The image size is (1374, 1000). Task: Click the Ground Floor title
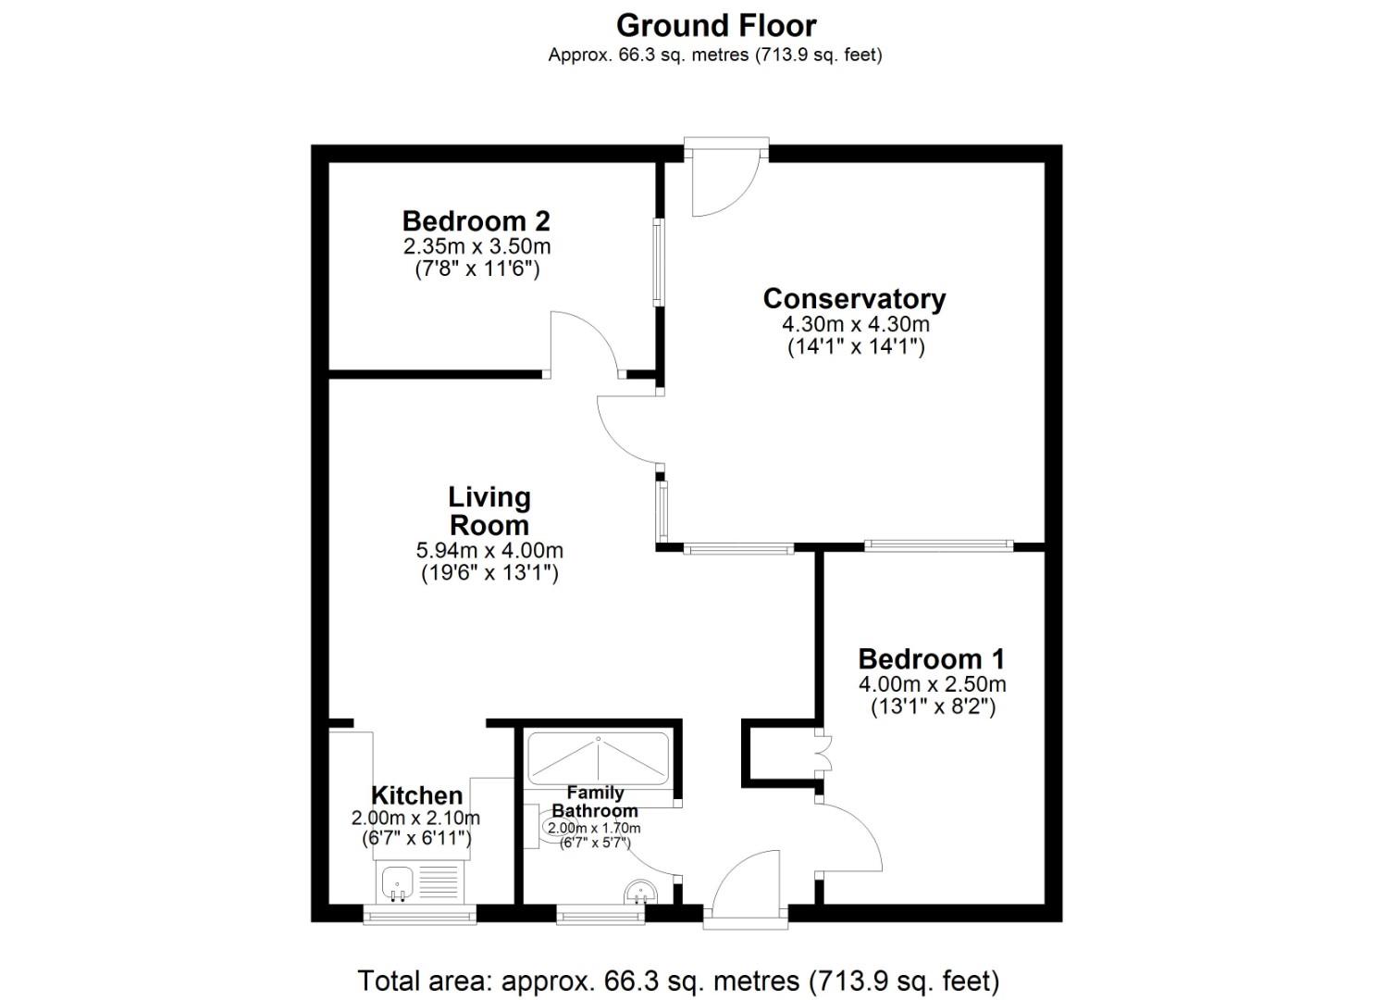(716, 25)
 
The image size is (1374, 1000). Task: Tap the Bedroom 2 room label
(476, 221)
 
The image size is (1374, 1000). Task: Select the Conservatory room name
(854, 299)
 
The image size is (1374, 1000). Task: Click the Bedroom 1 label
(931, 659)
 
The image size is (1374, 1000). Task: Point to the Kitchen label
(416, 795)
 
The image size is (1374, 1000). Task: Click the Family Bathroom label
(595, 801)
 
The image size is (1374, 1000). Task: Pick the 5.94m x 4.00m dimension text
(489, 550)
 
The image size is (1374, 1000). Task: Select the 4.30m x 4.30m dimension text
(856, 324)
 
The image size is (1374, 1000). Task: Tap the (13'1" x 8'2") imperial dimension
(932, 707)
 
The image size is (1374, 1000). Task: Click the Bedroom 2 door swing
(584, 344)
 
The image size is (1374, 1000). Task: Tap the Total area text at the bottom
(678, 980)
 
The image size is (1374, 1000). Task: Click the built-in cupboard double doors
(819, 753)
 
